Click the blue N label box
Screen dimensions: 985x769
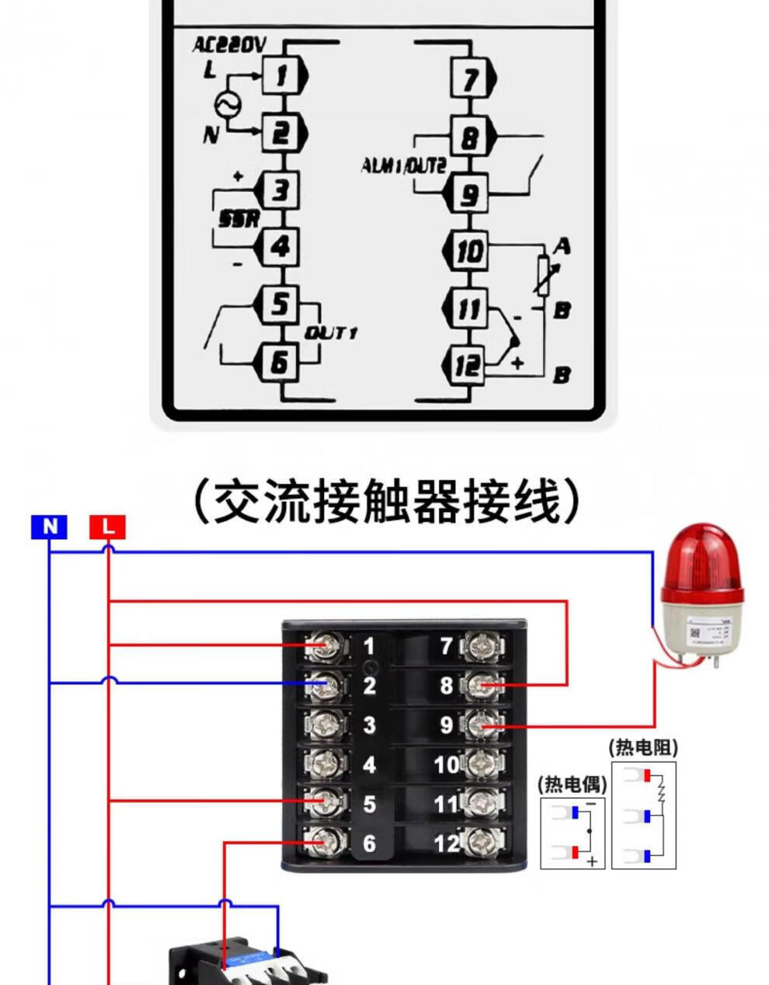pyautogui.click(x=50, y=527)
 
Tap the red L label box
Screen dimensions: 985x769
pyautogui.click(x=107, y=527)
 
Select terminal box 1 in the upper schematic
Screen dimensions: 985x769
pyautogui.click(x=280, y=75)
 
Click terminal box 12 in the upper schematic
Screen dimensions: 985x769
pyautogui.click(x=468, y=364)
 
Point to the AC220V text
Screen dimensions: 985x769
pyautogui.click(x=229, y=45)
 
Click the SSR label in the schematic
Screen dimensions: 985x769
pyautogui.click(x=238, y=220)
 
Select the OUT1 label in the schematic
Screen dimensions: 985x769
pyautogui.click(x=330, y=333)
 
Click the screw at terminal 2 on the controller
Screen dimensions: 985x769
pyautogui.click(x=325, y=685)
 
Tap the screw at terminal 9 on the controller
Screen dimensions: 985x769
pyautogui.click(x=482, y=726)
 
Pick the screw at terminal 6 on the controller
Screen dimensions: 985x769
pyautogui.click(x=325, y=840)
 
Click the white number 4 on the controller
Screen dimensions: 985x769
pyautogui.click(x=369, y=764)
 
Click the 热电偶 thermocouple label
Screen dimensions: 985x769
pyautogui.click(x=572, y=784)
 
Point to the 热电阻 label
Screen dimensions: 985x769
pyautogui.click(x=643, y=748)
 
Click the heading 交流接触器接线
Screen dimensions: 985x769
pyautogui.click(x=385, y=502)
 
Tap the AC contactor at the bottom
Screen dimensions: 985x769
pyautogui.click(x=249, y=963)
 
